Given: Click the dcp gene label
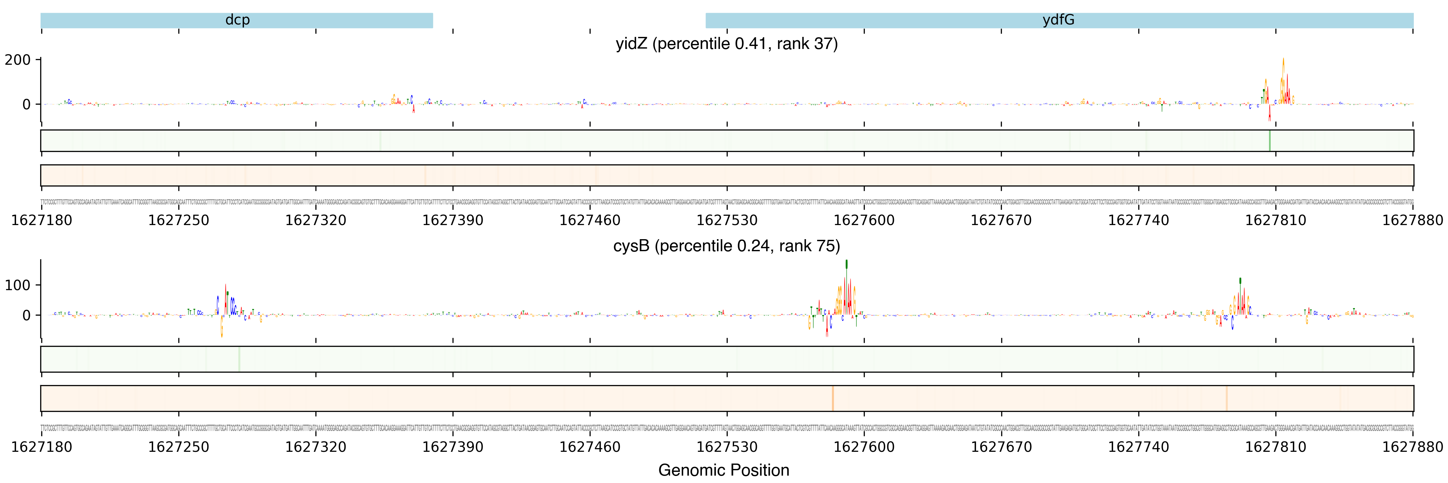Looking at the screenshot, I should (x=237, y=20).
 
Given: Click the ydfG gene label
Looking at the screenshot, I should (x=1059, y=20).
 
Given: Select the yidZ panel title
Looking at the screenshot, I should (x=726, y=44).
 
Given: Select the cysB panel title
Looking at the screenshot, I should (x=726, y=246).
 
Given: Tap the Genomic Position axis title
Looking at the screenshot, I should (x=723, y=470).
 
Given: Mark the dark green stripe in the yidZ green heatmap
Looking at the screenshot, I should (x=1269, y=141).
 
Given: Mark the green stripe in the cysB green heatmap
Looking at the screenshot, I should (x=239, y=359).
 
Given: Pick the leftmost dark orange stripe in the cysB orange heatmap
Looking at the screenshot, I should (x=833, y=398).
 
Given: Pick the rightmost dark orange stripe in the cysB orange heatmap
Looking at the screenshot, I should (x=1226, y=398).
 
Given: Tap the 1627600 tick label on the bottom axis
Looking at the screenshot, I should (x=864, y=447).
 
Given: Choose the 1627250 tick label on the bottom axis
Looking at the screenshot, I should (x=178, y=447).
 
